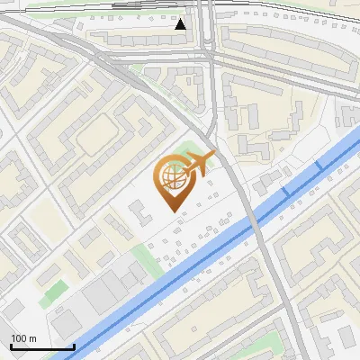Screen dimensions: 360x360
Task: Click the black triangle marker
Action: tap(181, 24)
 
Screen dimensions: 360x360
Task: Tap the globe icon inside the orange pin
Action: tap(174, 178)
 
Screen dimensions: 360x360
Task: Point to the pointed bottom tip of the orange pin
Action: tap(174, 211)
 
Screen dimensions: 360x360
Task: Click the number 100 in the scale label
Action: tap(19, 338)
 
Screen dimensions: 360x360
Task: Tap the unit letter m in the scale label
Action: tap(32, 338)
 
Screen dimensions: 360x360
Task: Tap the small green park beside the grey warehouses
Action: tap(56, 290)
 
